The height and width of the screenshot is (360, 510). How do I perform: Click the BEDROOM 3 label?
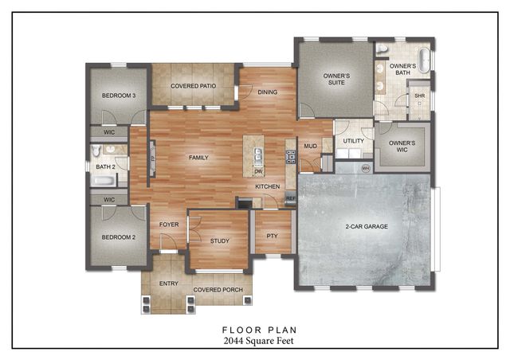(118, 96)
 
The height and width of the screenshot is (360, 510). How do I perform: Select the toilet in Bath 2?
(95, 150)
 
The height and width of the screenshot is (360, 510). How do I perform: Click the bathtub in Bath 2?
(104, 180)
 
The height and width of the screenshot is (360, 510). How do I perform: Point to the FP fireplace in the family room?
(152, 158)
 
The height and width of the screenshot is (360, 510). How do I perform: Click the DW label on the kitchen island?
(258, 171)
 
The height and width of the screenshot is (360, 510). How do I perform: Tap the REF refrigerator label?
(290, 198)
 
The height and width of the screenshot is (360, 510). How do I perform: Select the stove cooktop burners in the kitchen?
(290, 156)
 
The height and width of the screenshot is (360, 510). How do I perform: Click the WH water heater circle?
(366, 168)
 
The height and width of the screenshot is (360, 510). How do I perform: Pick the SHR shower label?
(419, 96)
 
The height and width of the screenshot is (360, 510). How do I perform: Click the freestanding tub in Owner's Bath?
(424, 61)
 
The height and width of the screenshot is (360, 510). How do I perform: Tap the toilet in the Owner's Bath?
(383, 50)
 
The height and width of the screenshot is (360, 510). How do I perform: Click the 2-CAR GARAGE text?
(367, 227)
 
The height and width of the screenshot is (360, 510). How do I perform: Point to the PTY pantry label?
(272, 236)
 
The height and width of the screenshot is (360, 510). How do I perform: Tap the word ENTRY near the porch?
(168, 283)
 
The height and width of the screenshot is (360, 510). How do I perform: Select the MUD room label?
(309, 146)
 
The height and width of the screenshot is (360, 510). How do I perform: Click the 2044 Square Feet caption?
(254, 340)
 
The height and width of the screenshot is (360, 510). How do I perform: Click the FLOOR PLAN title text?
(254, 327)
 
